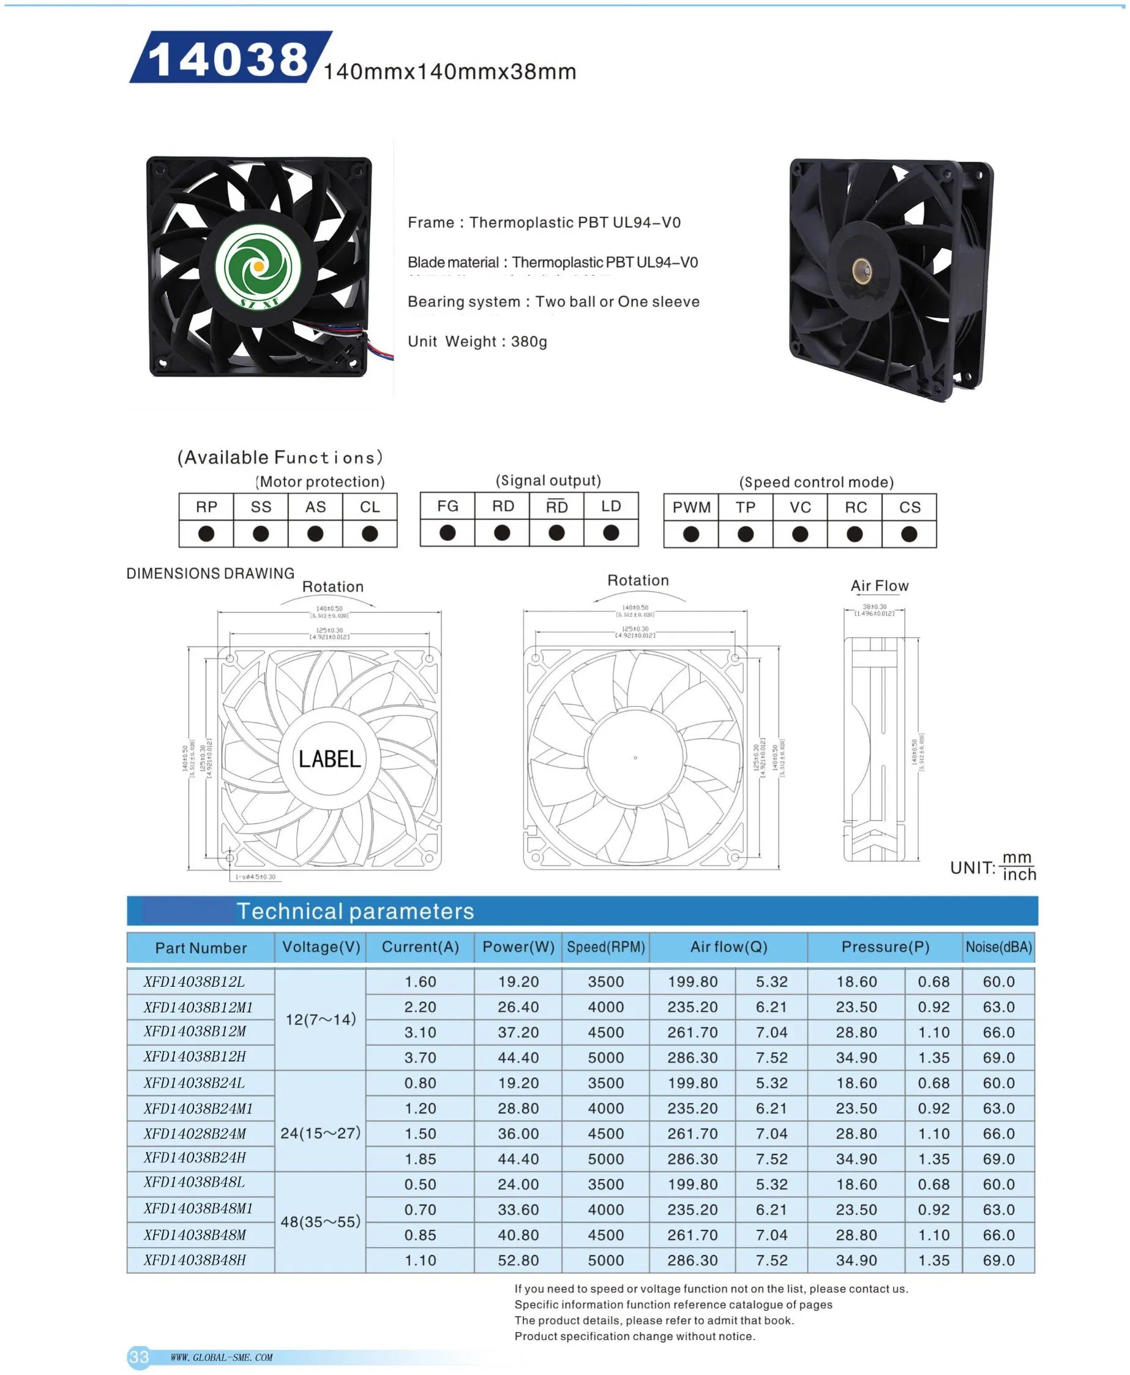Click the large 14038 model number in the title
tap(228, 59)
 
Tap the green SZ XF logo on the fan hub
tap(258, 266)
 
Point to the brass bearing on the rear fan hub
tap(863, 267)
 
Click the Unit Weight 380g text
tap(477, 341)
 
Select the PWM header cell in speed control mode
tap(691, 507)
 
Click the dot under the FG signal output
tap(448, 533)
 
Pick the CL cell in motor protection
tap(370, 507)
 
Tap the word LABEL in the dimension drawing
tap(329, 759)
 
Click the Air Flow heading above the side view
tap(880, 586)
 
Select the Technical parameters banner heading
tap(355, 911)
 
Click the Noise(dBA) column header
tap(998, 947)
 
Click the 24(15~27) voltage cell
tap(320, 1132)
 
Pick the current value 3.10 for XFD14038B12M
tap(420, 1032)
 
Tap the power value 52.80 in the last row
tap(518, 1260)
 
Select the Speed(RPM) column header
tap(605, 947)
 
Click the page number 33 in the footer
tap(138, 1357)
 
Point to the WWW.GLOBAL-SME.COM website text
tap(222, 1357)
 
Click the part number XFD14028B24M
tap(195, 1133)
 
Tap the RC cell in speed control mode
tap(855, 507)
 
